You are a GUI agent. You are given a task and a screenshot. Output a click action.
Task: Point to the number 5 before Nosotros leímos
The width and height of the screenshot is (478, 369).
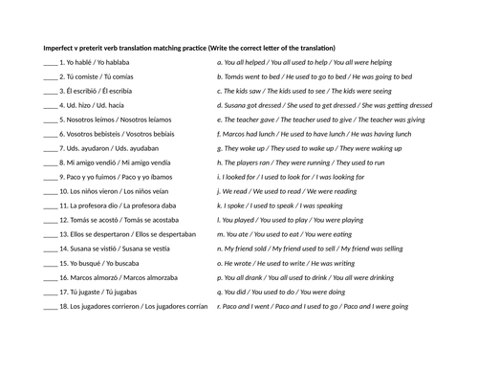[x=61, y=120]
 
